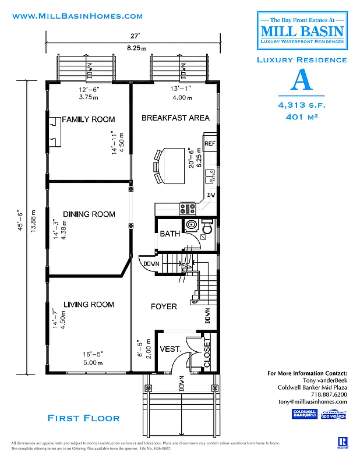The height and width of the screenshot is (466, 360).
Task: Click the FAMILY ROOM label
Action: (x=89, y=119)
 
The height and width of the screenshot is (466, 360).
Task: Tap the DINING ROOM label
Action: (x=89, y=214)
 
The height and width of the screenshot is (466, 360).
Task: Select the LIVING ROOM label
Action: (x=89, y=305)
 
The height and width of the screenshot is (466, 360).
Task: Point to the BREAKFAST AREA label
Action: (x=175, y=118)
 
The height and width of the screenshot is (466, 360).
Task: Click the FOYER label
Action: (x=164, y=306)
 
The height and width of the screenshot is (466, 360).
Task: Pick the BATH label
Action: (x=170, y=234)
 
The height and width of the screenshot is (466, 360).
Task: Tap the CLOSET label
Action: (x=206, y=351)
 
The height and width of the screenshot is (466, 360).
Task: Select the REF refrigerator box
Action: (x=210, y=142)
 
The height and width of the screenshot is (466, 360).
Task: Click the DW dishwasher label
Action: (x=211, y=195)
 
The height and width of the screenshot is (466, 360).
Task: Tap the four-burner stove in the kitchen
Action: (x=188, y=207)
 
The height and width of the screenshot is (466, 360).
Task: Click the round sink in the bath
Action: (x=191, y=225)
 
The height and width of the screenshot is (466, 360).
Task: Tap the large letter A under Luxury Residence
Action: (x=301, y=81)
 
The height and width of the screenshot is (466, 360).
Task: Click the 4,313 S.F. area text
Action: (x=302, y=105)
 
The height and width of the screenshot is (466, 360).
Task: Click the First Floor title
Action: (x=83, y=418)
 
